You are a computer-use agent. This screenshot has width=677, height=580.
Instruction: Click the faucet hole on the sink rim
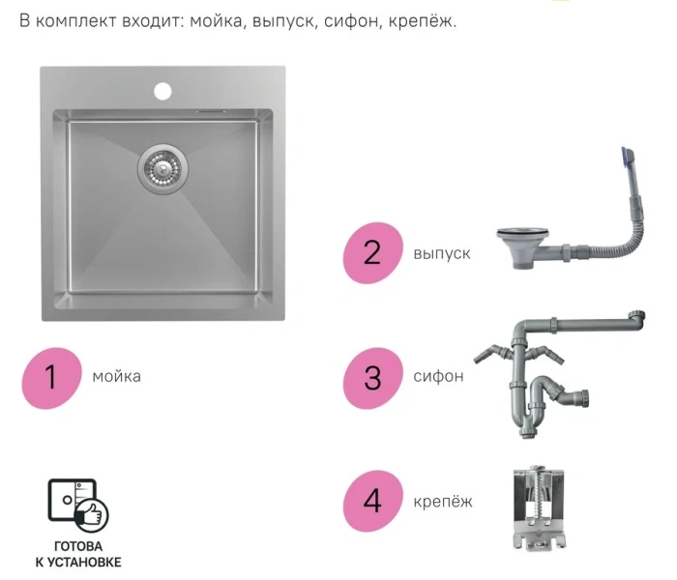click(x=162, y=92)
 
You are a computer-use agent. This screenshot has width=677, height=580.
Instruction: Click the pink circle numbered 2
click(x=372, y=253)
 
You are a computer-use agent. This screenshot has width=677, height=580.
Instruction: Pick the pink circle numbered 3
click(x=372, y=376)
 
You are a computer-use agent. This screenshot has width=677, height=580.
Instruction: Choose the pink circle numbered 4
click(x=372, y=501)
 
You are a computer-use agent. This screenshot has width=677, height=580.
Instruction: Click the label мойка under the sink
click(x=116, y=376)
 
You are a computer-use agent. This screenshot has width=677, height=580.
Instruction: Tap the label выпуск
click(x=442, y=253)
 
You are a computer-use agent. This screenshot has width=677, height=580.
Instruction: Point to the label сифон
click(x=438, y=376)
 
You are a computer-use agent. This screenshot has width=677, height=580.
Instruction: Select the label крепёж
click(x=443, y=501)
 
